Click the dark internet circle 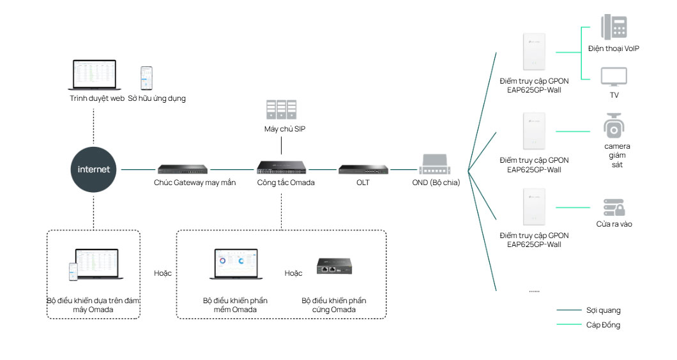(93, 169)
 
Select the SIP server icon (281, 110)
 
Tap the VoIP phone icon (613, 28)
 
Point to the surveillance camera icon (614, 126)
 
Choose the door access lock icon (614, 207)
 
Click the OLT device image (363, 169)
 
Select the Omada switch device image (281, 168)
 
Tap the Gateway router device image (183, 169)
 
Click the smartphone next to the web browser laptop (147, 78)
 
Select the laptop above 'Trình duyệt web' (95, 75)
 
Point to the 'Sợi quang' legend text (603, 310)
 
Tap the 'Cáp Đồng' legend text (603, 325)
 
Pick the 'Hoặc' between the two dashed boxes (163, 273)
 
